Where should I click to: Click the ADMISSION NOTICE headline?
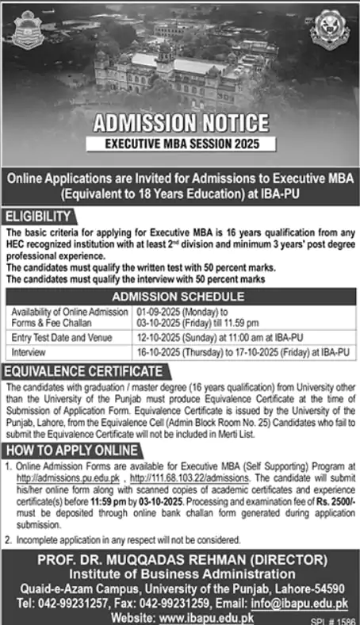180,124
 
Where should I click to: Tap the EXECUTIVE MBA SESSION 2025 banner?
180,144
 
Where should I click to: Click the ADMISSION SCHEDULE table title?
180,296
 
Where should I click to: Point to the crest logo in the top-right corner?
329,29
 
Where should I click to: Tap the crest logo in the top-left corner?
29,31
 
